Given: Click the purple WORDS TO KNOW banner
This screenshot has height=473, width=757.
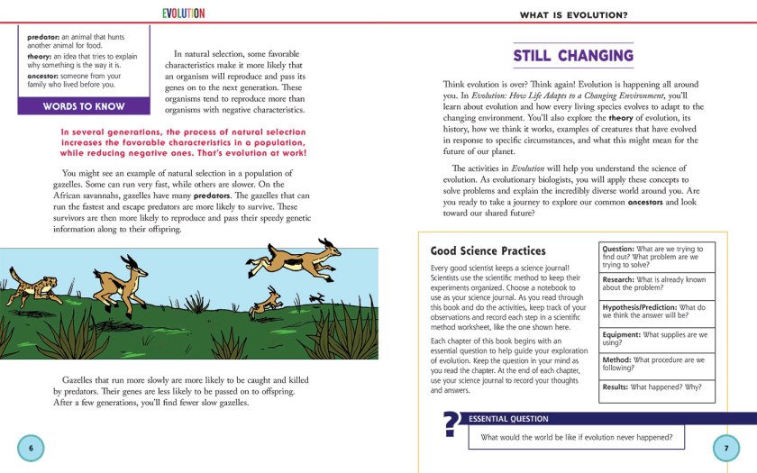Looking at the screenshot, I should [x=85, y=106].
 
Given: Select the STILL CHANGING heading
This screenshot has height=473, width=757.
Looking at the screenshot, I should [x=573, y=56].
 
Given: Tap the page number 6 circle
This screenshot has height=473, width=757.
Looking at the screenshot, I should [x=30, y=448].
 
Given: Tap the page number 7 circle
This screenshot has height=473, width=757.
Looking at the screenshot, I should [x=725, y=448].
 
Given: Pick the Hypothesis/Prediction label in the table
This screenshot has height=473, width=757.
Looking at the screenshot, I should [x=639, y=307].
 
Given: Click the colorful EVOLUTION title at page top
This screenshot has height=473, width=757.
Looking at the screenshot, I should [x=183, y=14].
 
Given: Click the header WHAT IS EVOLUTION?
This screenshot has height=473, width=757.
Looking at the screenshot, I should [x=573, y=14].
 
